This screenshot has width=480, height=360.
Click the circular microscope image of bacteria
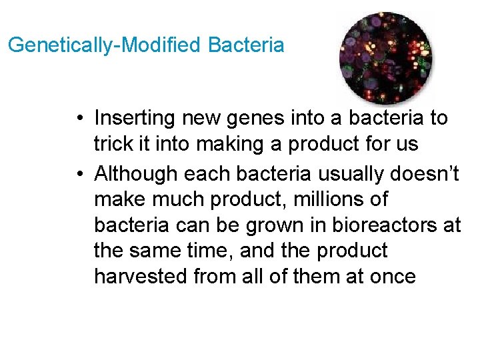tap(385, 57)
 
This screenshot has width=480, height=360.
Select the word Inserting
tap(135, 119)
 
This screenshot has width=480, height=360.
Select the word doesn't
tap(427, 173)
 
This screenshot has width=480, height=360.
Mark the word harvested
tap(141, 276)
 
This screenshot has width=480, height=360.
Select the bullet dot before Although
tap(79, 175)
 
